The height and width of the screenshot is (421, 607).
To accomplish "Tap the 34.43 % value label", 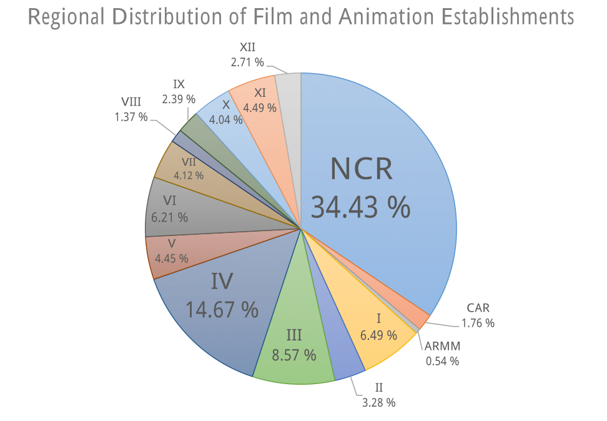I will pos(360,206).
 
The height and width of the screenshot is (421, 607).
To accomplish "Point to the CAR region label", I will pos(478,308).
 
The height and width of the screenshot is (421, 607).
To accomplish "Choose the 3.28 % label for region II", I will pos(378,402).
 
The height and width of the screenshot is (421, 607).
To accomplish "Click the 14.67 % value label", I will pos(222,309).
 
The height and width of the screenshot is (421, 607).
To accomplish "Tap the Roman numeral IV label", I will pos(222,282).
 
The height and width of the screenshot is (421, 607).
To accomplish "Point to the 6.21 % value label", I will pos(170,217).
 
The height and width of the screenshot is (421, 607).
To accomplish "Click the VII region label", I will pos(188,162).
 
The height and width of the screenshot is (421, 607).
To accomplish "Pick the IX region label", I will pos(179,84).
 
